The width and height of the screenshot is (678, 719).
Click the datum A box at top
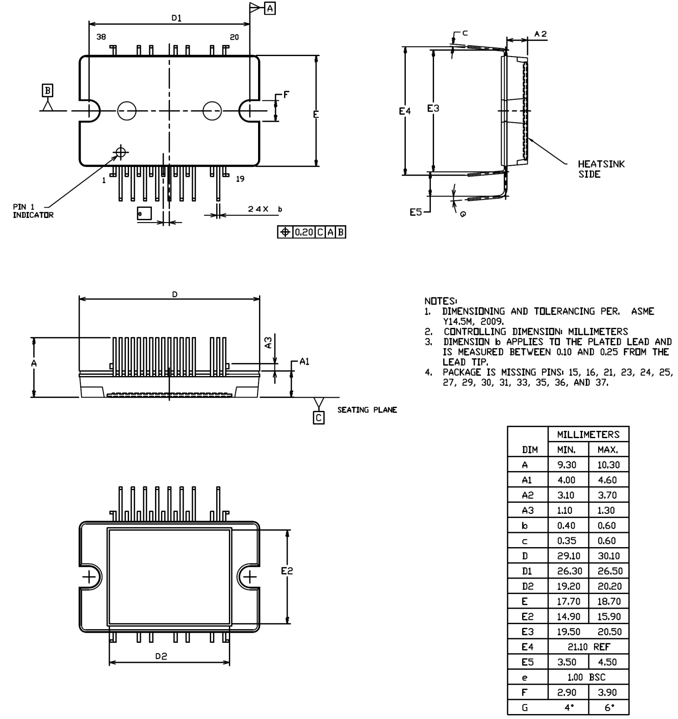pyautogui.click(x=270, y=8)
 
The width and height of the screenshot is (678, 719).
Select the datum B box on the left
pyautogui.click(x=47, y=90)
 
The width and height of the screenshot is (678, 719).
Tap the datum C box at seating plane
pyautogui.click(x=318, y=418)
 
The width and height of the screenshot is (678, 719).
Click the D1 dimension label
pyautogui.click(x=176, y=18)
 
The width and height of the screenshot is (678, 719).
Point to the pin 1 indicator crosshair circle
pyautogui.click(x=121, y=152)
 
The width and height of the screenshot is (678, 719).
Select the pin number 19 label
pyautogui.click(x=240, y=179)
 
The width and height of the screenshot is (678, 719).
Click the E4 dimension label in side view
pyautogui.click(x=404, y=111)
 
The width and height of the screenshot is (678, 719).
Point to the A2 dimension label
pyautogui.click(x=540, y=34)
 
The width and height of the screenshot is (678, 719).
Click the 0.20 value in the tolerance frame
pyautogui.click(x=303, y=233)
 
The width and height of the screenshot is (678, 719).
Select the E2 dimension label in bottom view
pyautogui.click(x=287, y=570)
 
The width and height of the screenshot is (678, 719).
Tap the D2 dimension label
pyautogui.click(x=161, y=656)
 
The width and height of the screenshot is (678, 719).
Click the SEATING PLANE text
pyautogui.click(x=367, y=410)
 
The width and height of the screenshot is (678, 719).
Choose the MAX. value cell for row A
pyautogui.click(x=608, y=465)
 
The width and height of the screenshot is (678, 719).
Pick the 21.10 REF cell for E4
pyautogui.click(x=588, y=647)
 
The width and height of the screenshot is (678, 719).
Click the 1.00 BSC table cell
pyautogui.click(x=588, y=677)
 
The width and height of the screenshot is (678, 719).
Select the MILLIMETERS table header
pyautogui.click(x=588, y=435)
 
